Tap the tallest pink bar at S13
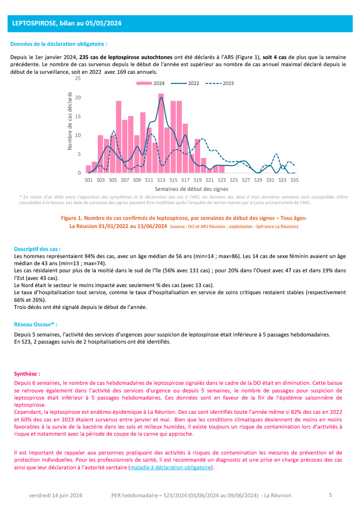(x=161, y=132)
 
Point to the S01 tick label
(x=89, y=180)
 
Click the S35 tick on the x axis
(x=294, y=180)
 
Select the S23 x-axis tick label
(x=221, y=180)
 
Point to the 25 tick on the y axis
(x=77, y=78)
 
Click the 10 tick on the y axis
(x=77, y=135)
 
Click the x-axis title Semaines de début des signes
(x=191, y=189)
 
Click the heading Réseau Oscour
(x=35, y=324)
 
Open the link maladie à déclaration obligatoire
(x=171, y=467)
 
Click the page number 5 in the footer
(x=330, y=494)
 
